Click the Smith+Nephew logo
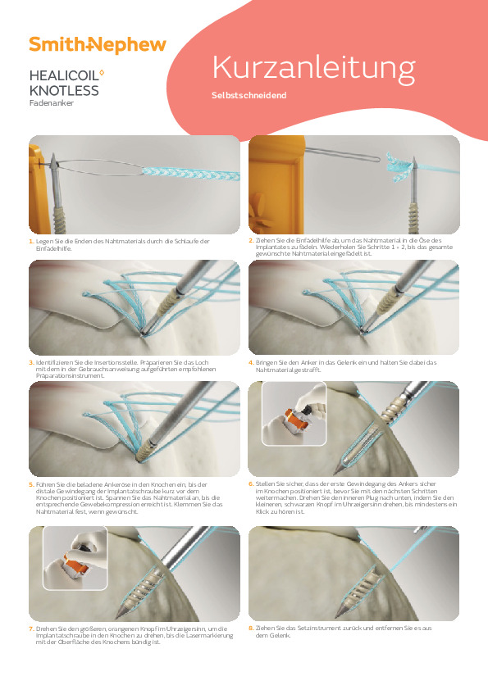coord(97,45)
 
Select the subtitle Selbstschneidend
coord(249,95)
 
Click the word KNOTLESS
coord(63,90)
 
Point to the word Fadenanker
coord(51,103)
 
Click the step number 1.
coord(30,241)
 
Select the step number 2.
coord(251,240)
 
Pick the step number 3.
coord(30,362)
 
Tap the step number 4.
coord(251,362)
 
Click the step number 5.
coord(30,485)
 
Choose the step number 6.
coord(251,483)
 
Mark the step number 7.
coord(30,629)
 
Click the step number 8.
coord(251,628)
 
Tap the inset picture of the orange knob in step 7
coord(74,560)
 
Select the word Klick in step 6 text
coord(266,511)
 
